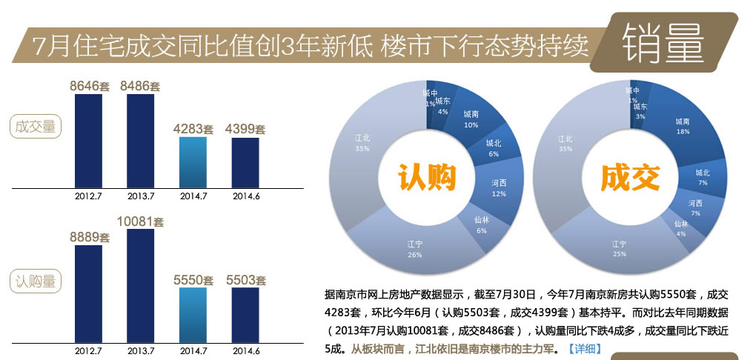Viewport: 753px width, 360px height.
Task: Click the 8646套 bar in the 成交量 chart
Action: (88, 140)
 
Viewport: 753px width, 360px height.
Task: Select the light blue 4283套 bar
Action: (193, 161)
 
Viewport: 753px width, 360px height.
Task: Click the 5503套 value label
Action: (245, 280)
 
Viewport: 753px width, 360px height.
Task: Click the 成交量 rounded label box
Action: (36, 127)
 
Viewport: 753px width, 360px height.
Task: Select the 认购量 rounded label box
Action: (36, 281)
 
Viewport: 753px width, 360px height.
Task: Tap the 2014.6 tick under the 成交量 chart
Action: (245, 196)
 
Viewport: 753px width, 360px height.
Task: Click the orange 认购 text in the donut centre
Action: (426, 178)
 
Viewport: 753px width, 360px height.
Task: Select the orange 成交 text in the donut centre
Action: (630, 178)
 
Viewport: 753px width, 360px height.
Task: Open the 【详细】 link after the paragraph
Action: (585, 348)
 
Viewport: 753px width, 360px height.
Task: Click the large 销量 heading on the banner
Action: (663, 43)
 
